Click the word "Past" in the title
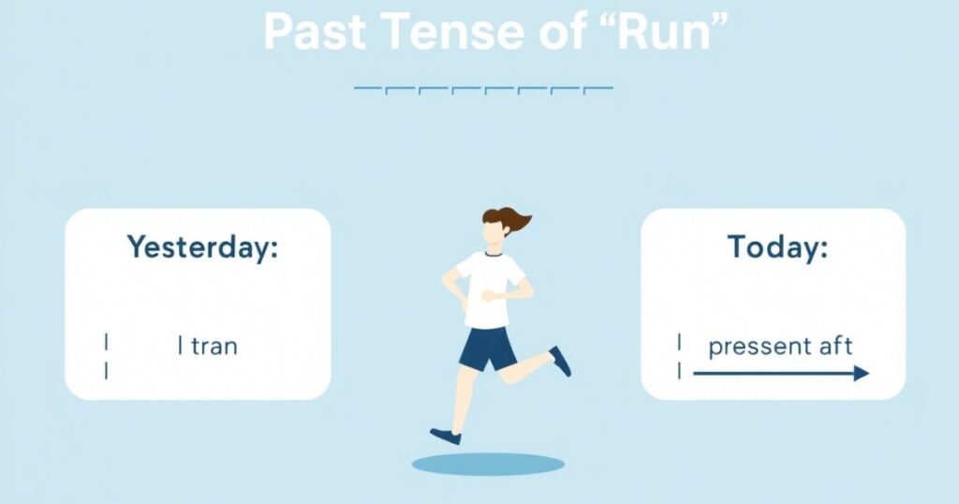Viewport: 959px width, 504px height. pos(315,31)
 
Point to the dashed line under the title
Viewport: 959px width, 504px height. pos(483,89)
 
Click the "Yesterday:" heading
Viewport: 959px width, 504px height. pos(202,247)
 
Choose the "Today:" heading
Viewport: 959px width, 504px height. pos(777,247)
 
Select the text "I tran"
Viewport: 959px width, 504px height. pos(207,347)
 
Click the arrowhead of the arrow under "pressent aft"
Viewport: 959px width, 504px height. pos(862,373)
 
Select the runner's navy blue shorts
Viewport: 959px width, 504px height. pos(487,348)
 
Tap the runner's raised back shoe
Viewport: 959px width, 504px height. pos(560,361)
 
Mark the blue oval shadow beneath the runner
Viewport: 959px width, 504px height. pos(488,465)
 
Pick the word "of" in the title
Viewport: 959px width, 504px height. pos(562,31)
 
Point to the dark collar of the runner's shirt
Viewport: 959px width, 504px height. pos(494,253)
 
